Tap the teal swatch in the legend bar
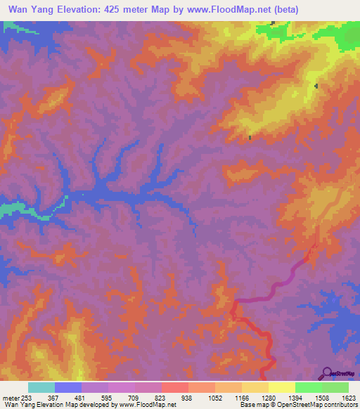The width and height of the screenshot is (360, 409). tap(41, 387)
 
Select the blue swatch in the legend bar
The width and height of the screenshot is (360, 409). tap(68, 387)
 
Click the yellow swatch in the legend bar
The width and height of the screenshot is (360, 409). tap(282, 387)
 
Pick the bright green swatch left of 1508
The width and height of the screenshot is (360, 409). tap(309, 387)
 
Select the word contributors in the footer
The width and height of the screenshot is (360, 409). tap(343, 405)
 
